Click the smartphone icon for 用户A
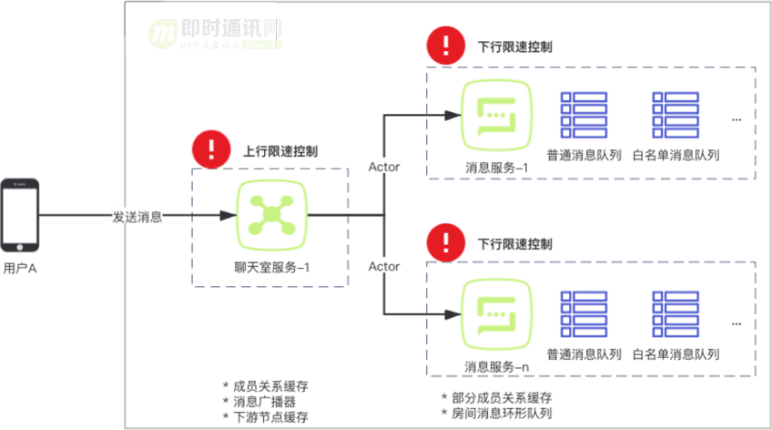pos(19,215)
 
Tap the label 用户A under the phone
pos(19,269)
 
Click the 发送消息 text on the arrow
pos(137,217)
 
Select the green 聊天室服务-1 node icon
pos(269,215)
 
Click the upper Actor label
pos(384,167)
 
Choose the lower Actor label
pos(384,267)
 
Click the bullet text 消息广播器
pos(264,401)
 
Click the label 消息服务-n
pos(497,366)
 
